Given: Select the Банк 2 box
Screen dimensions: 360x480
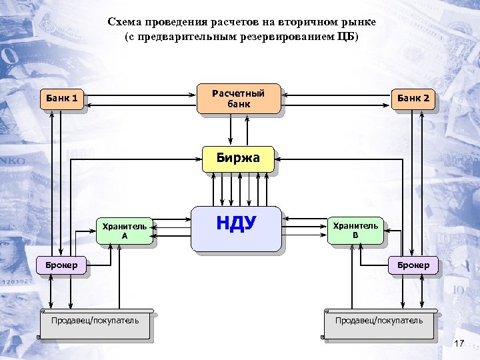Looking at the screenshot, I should pos(413,99).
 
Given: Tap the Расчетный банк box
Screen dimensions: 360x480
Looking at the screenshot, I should pos(238,99).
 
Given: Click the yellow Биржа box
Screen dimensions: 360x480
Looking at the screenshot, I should pos(238,159).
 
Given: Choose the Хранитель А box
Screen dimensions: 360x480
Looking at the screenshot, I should pos(124,231).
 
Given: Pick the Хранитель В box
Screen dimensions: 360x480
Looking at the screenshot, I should pos(355,230).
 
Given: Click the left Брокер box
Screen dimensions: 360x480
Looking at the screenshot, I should pos(61,265).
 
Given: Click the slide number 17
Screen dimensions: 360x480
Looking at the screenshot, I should pos(458,343).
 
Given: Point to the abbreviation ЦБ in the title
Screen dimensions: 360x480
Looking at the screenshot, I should pos(347,35).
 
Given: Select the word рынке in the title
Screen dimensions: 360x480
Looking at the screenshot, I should pos(359,22).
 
